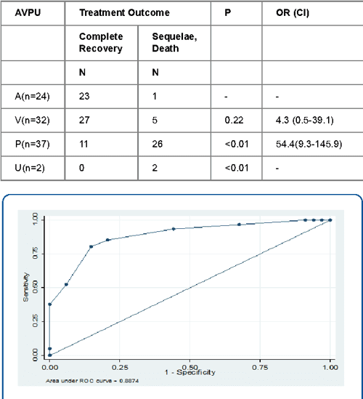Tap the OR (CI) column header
tap(293, 12)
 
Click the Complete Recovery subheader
tap(101, 41)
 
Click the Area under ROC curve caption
tap(90, 379)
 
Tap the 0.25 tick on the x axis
tap(120, 367)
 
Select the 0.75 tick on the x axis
tap(260, 367)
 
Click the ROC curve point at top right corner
tap(330, 219)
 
